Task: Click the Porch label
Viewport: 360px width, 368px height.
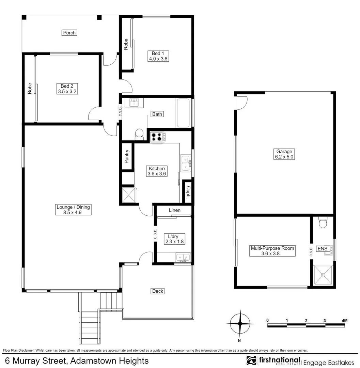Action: coord(69,33)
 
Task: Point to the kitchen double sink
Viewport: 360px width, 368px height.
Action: coord(186,163)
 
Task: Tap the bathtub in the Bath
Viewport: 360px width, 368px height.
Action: coord(184,113)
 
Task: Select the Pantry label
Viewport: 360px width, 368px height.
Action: coord(127,157)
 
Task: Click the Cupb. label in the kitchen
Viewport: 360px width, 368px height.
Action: coord(188,193)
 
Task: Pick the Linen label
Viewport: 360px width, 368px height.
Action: coord(174,210)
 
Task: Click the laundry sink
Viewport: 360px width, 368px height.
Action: coord(183,257)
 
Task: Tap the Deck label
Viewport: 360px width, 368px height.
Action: coord(158,291)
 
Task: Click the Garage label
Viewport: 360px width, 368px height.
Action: coord(284,152)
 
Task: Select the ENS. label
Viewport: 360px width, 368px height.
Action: coord(322,249)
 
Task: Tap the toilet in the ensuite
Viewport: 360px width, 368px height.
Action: coord(322,223)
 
